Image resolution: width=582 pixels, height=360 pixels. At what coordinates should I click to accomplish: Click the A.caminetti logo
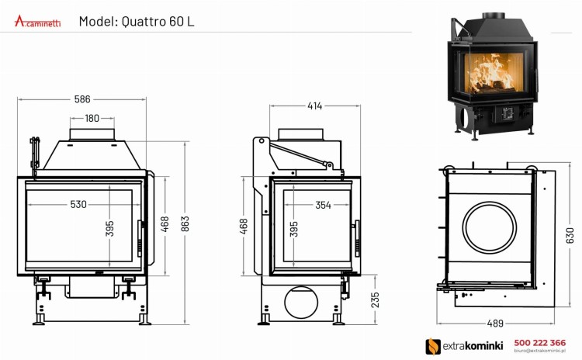(x=39, y=21)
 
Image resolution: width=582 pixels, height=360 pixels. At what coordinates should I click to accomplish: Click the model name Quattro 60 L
(x=137, y=21)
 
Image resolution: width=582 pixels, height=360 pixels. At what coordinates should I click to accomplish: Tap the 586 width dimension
(x=81, y=99)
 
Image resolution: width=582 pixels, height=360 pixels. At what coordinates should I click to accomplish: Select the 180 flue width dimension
(x=92, y=119)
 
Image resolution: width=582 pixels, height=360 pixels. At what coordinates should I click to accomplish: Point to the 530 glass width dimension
(x=78, y=205)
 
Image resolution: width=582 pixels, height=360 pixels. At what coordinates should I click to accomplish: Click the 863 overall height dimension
(x=185, y=222)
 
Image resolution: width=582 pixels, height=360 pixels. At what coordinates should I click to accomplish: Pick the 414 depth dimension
(x=313, y=106)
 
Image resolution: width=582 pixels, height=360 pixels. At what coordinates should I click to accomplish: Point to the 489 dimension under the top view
(x=494, y=324)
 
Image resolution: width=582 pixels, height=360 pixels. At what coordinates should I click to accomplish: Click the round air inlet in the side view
(x=303, y=300)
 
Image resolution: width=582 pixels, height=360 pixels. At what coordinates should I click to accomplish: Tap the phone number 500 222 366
(x=541, y=342)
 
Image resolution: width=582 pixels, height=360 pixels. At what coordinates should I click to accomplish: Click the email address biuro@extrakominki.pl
(x=541, y=351)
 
